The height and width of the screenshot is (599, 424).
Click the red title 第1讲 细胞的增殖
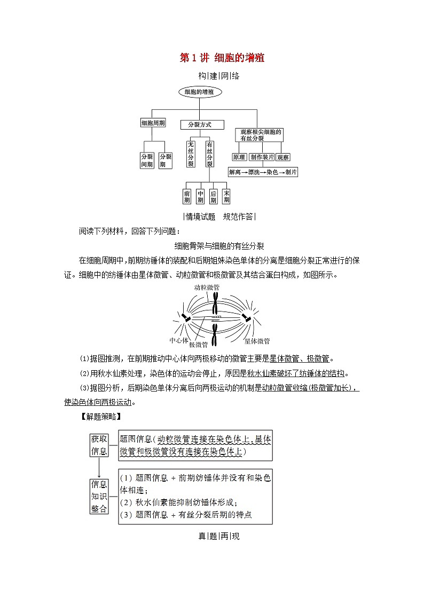tap(222, 58)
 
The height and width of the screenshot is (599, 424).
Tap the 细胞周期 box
tap(153, 123)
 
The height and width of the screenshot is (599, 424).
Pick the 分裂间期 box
tap(147, 161)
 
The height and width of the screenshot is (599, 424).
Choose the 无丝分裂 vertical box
tap(191, 154)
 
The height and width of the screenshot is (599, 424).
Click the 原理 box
tap(239, 157)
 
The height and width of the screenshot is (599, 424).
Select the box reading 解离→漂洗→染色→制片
tap(263, 172)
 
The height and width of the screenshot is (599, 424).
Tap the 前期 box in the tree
tap(187, 196)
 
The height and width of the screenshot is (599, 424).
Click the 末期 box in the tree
tap(226, 196)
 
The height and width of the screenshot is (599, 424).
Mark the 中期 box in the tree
tap(200, 196)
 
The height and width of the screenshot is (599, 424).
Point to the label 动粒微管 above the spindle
tap(206, 287)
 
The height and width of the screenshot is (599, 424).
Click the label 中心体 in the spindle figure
tap(178, 340)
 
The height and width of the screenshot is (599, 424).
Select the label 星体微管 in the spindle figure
tap(257, 341)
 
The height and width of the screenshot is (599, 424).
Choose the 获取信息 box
tap(99, 445)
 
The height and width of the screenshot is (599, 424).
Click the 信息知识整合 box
tap(99, 496)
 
